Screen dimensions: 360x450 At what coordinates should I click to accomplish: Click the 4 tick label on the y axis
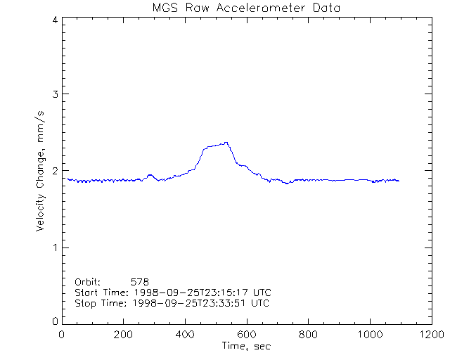[x=54, y=20]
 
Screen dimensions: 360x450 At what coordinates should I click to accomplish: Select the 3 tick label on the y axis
[x=54, y=94]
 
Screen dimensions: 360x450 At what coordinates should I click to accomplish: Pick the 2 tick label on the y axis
[x=54, y=171]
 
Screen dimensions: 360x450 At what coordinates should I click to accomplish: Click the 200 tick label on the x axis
[x=124, y=334]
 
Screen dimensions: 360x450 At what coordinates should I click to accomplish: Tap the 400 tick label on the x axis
[x=185, y=334]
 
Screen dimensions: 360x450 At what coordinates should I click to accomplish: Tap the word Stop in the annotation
[x=84, y=303]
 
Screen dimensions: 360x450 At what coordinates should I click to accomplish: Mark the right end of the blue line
[x=399, y=181]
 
